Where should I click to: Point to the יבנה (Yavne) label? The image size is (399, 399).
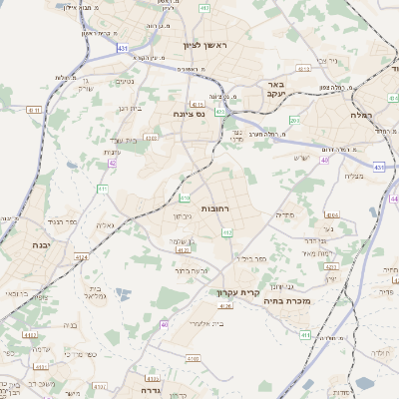pos(40,244)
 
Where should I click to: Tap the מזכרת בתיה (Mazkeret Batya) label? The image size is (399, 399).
pos(291,300)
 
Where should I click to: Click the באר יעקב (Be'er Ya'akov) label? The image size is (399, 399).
pos(276,91)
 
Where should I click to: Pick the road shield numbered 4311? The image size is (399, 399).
pos(35,110)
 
